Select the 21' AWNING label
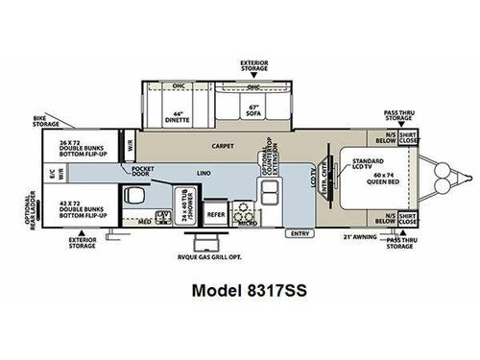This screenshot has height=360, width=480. tap(364, 236)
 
